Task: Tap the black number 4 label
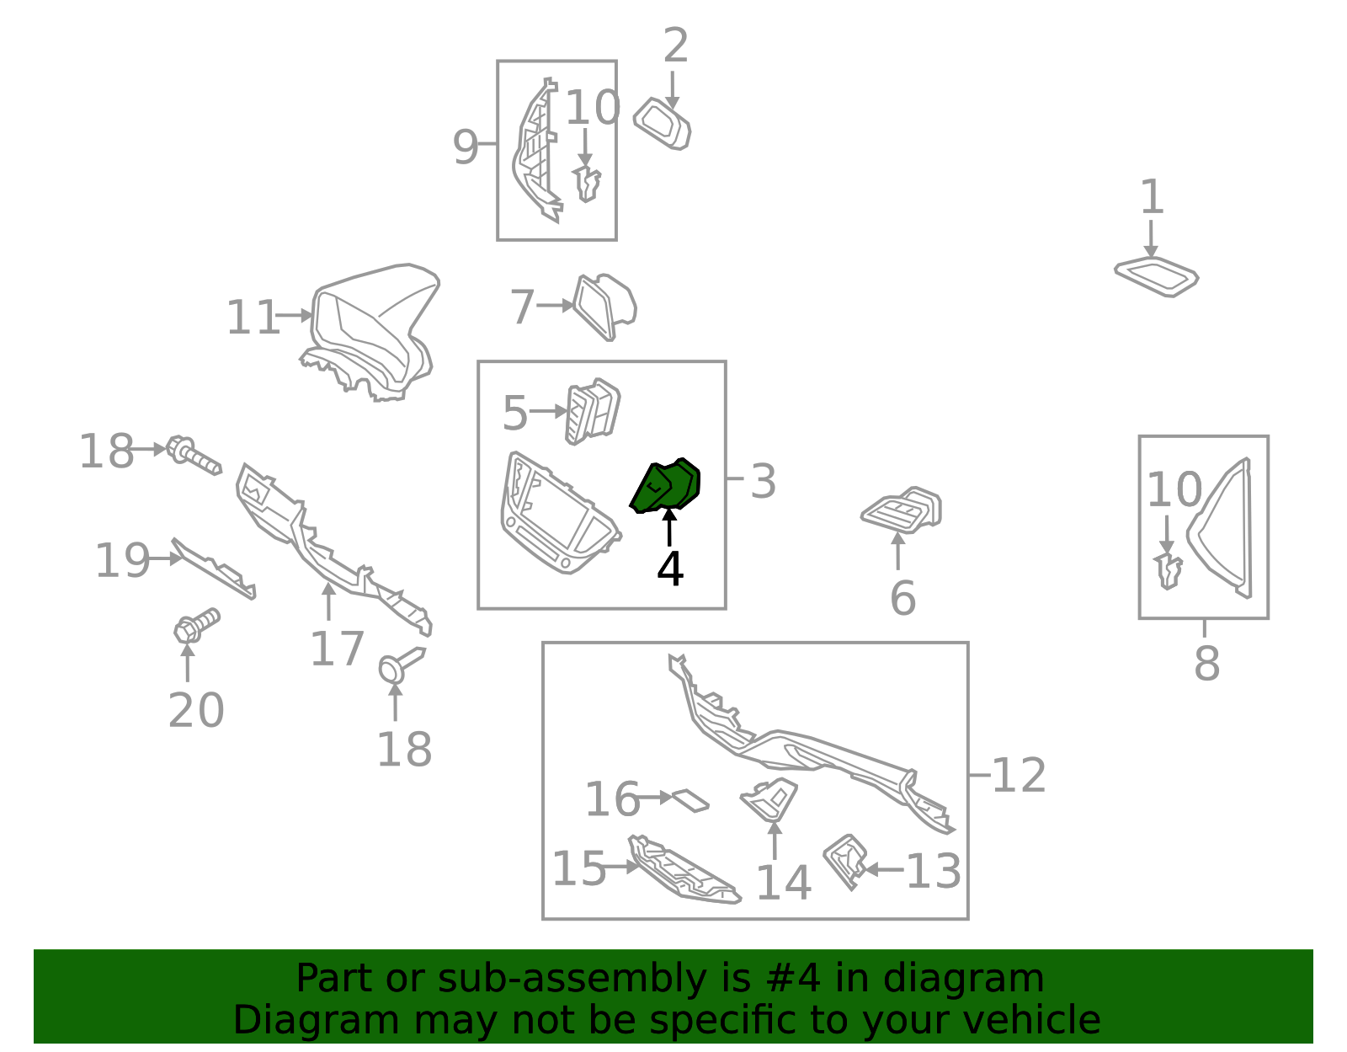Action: [x=670, y=569]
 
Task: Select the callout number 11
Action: [x=253, y=318]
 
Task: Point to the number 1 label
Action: [x=1153, y=196]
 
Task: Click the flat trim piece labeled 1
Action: [x=1156, y=276]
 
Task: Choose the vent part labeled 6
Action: [x=902, y=510]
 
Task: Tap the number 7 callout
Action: [x=522, y=307]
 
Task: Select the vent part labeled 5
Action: [x=593, y=411]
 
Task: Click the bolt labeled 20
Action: [x=196, y=626]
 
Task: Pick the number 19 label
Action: [x=122, y=560]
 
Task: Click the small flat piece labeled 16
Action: [x=690, y=800]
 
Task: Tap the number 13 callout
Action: [x=934, y=871]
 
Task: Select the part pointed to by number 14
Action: [x=769, y=799]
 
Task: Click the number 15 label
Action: [x=578, y=868]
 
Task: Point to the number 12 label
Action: [x=1019, y=775]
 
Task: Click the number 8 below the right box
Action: [x=1207, y=664]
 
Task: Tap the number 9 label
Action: [x=466, y=147]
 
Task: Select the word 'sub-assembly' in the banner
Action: [x=572, y=978]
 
